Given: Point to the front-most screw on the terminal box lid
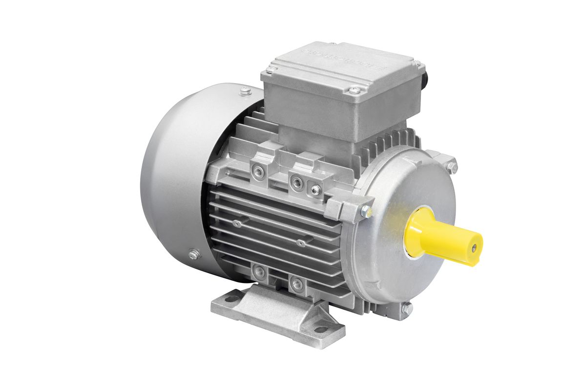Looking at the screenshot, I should (355, 90).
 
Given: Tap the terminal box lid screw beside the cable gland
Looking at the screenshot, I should (417, 63).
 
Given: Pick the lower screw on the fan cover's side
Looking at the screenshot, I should (194, 254).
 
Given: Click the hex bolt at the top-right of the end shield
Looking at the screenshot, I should (452, 166).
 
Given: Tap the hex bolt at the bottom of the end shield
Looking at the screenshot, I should (405, 308).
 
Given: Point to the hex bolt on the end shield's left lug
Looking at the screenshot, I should (364, 211).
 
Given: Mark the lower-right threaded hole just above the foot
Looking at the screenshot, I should (295, 283).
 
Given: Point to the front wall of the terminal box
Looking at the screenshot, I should (313, 110).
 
